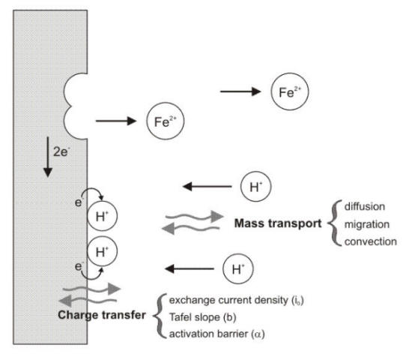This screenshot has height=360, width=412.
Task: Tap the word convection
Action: point(371,241)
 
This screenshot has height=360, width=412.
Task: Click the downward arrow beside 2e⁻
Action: point(48,158)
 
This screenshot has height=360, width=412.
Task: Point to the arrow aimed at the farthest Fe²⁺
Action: point(239,92)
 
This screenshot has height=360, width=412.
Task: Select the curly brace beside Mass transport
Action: point(333,223)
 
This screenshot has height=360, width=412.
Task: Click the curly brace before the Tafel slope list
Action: point(158,315)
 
